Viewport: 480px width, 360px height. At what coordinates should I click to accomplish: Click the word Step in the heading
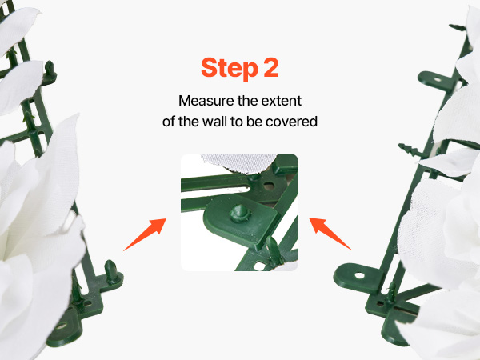pyautogui.click(x=230, y=69)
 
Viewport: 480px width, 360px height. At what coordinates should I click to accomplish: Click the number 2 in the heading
pyautogui.click(x=271, y=67)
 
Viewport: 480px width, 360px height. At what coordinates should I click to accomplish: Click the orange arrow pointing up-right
pyautogui.click(x=145, y=234)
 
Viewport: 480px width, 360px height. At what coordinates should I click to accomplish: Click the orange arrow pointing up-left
pyautogui.click(x=330, y=234)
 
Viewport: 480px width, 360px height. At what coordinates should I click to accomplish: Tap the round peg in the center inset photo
pyautogui.click(x=240, y=213)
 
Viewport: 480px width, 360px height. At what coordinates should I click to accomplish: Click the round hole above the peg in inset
pyautogui.click(x=269, y=186)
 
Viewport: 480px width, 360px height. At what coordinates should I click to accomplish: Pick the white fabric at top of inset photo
pyautogui.click(x=238, y=163)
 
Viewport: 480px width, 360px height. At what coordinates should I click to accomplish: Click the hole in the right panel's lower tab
pyautogui.click(x=359, y=275)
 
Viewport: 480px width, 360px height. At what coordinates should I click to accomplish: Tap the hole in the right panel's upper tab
pyautogui.click(x=437, y=79)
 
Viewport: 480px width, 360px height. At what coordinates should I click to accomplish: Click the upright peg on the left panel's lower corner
pyautogui.click(x=111, y=272)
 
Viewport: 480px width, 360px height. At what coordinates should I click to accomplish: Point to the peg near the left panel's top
pyautogui.click(x=50, y=70)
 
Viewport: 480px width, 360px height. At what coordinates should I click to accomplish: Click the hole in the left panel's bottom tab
pyautogui.click(x=61, y=326)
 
